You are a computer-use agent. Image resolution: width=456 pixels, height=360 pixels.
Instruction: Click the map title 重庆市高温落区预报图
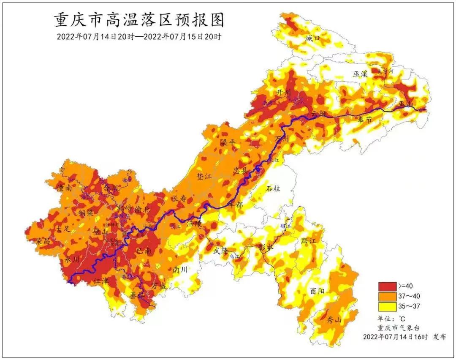pyautogui.click(x=139, y=20)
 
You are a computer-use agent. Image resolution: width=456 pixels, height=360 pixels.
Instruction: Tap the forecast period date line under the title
pyautogui.click(x=139, y=36)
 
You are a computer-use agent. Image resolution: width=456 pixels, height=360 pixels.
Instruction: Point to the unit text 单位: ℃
pyautogui.click(x=391, y=319)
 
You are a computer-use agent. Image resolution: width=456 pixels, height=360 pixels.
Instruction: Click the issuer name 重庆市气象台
pyautogui.click(x=399, y=327)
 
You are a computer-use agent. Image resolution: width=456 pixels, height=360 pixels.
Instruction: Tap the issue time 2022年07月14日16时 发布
pyautogui.click(x=404, y=337)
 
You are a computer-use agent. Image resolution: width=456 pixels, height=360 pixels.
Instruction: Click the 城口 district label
pyautogui.click(x=313, y=38)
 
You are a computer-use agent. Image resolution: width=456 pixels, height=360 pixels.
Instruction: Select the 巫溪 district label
pyautogui.click(x=361, y=74)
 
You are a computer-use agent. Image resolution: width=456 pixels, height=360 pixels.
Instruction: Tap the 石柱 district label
pyautogui.click(x=273, y=188)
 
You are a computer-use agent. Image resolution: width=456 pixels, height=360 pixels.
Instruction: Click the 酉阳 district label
pyautogui.click(x=318, y=291)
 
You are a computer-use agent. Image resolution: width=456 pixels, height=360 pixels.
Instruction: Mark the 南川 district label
pyautogui.click(x=180, y=269)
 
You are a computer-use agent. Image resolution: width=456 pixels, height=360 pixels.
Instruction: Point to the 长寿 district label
pyautogui.click(x=178, y=199)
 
